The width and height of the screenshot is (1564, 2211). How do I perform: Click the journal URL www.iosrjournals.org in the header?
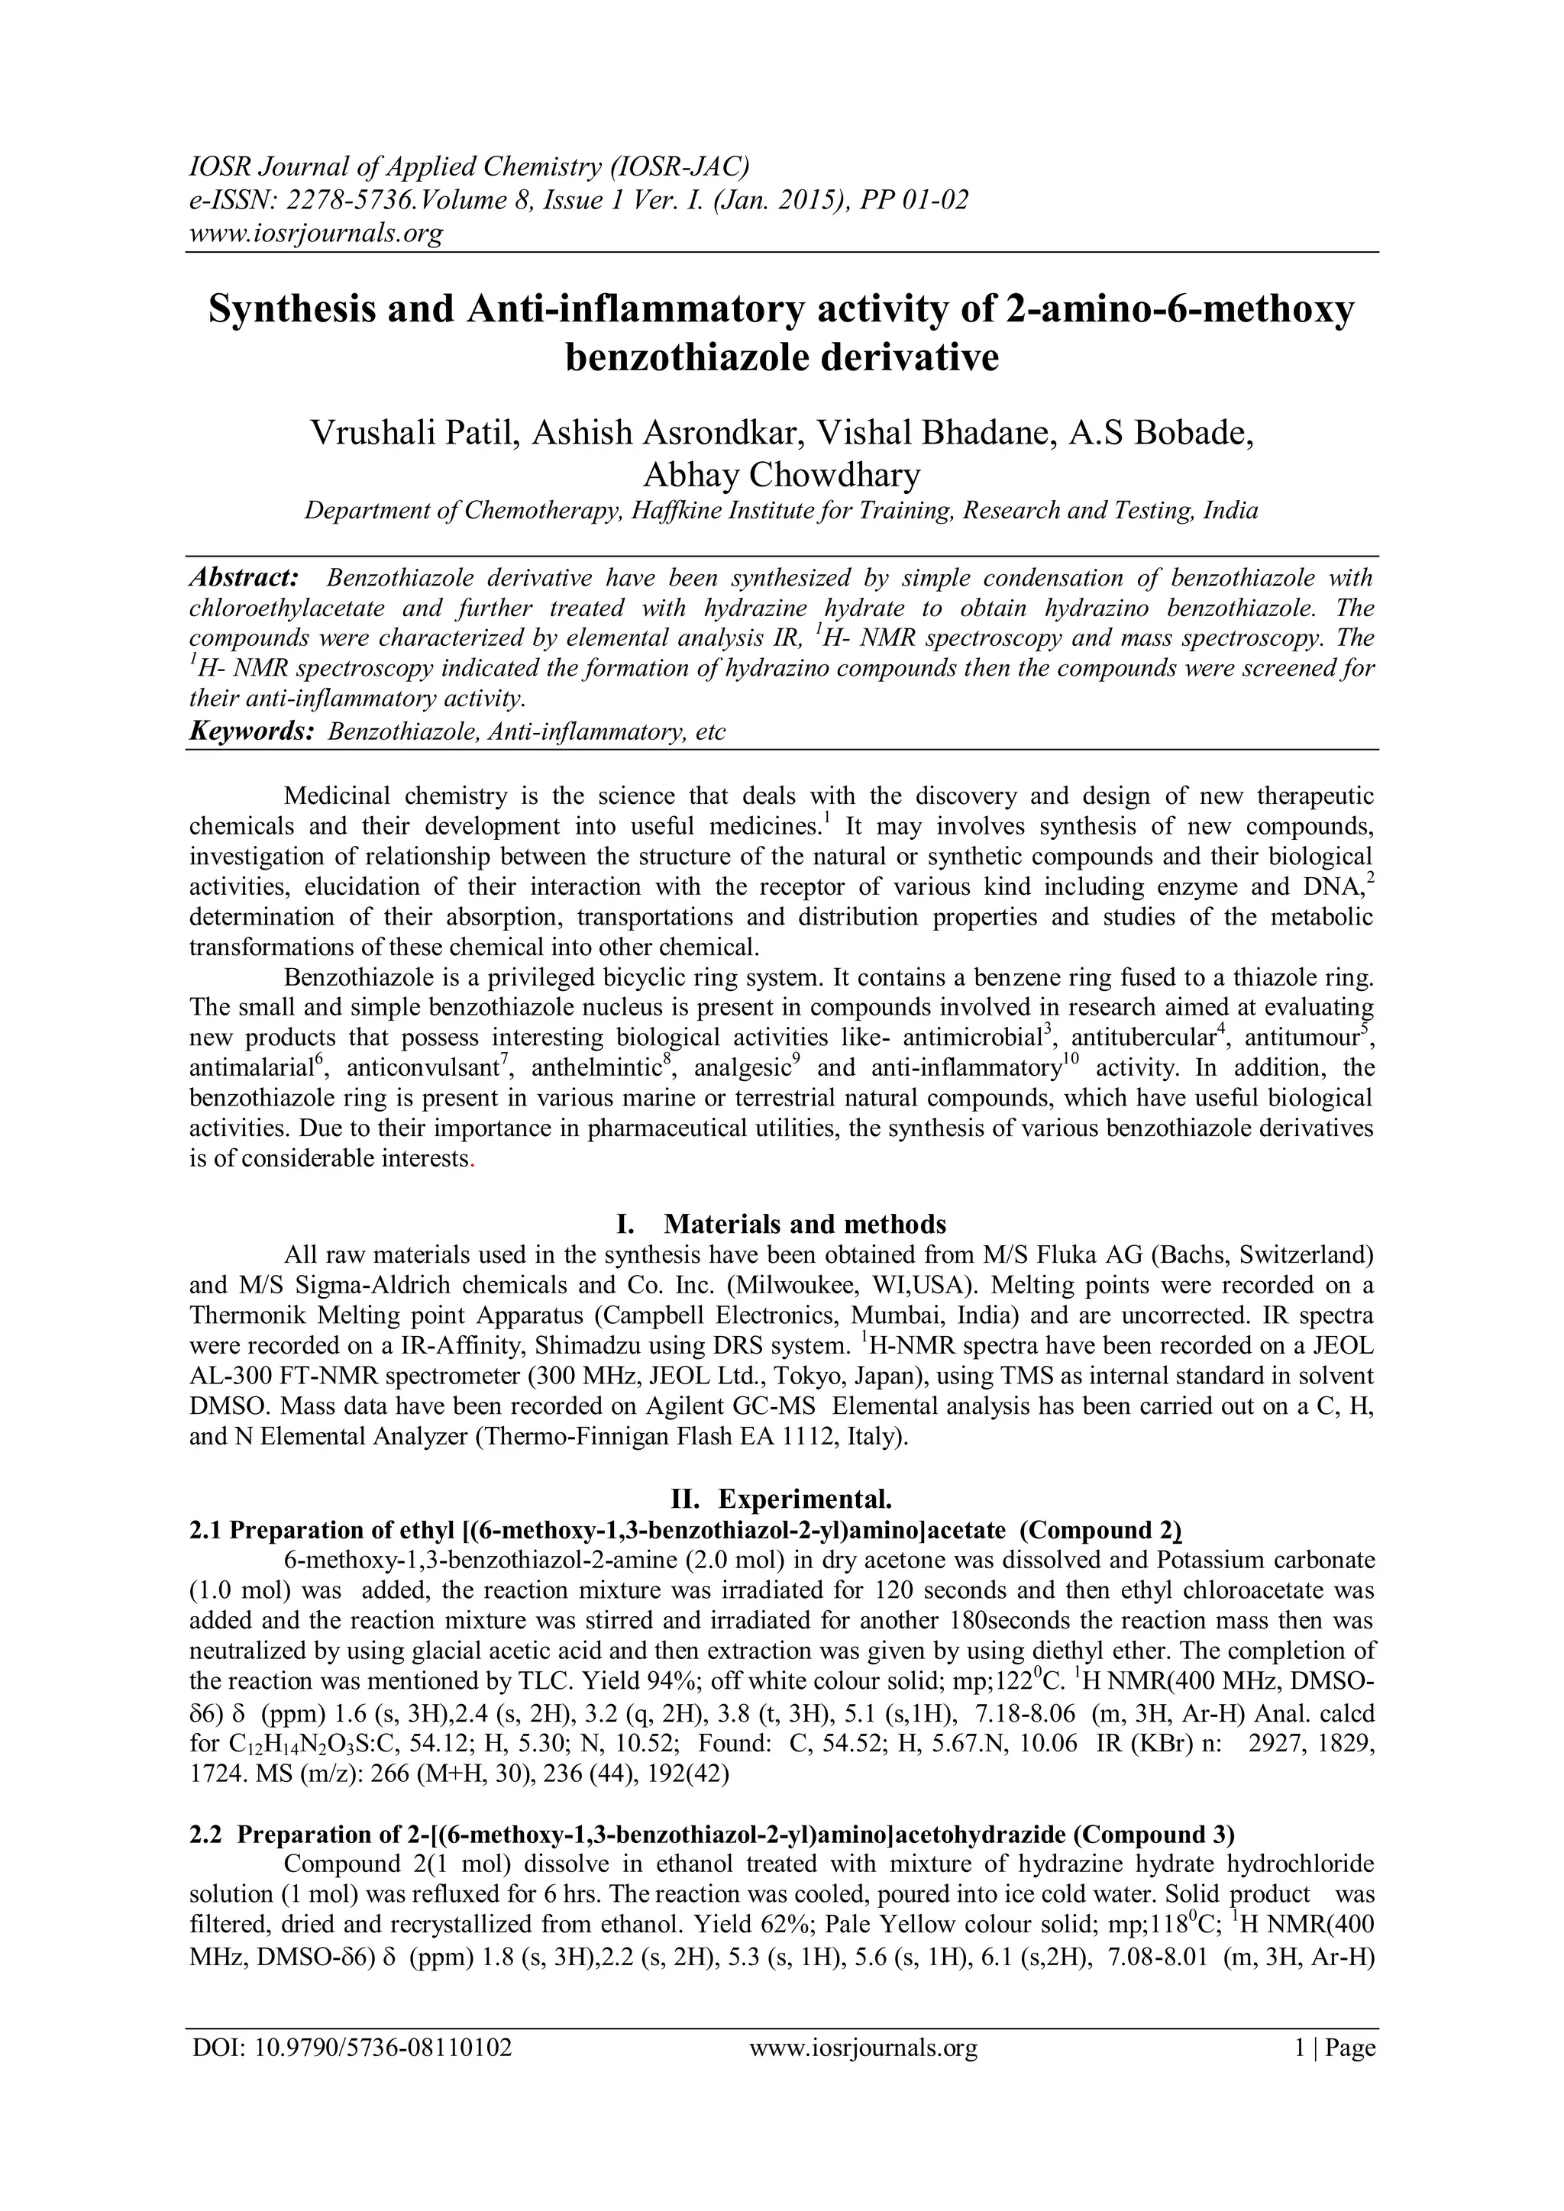tap(315, 233)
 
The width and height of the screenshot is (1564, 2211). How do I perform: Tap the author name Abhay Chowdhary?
tap(781, 475)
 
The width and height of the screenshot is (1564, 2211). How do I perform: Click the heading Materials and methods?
tap(805, 1225)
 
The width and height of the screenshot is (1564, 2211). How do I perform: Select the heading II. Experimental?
tap(781, 1499)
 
